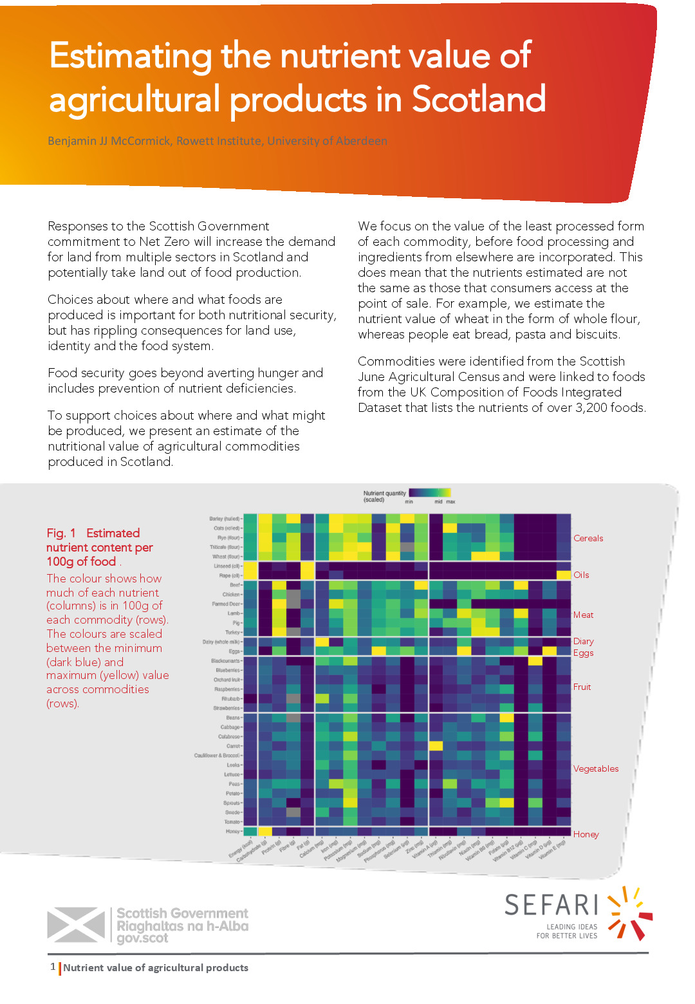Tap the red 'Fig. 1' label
(61, 533)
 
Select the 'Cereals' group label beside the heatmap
(588, 538)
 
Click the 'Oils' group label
(581, 575)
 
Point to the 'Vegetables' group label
(595, 768)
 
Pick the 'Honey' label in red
(586, 834)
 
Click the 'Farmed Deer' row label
(226, 604)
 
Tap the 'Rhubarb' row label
(230, 699)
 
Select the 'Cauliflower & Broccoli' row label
(217, 756)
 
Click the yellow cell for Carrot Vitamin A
(436, 746)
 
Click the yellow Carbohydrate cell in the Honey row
(264, 832)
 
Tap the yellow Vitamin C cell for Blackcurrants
(535, 661)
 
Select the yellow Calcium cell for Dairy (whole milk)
(322, 642)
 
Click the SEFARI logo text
(551, 905)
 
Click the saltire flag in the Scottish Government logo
(76, 924)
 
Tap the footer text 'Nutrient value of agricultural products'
(155, 967)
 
